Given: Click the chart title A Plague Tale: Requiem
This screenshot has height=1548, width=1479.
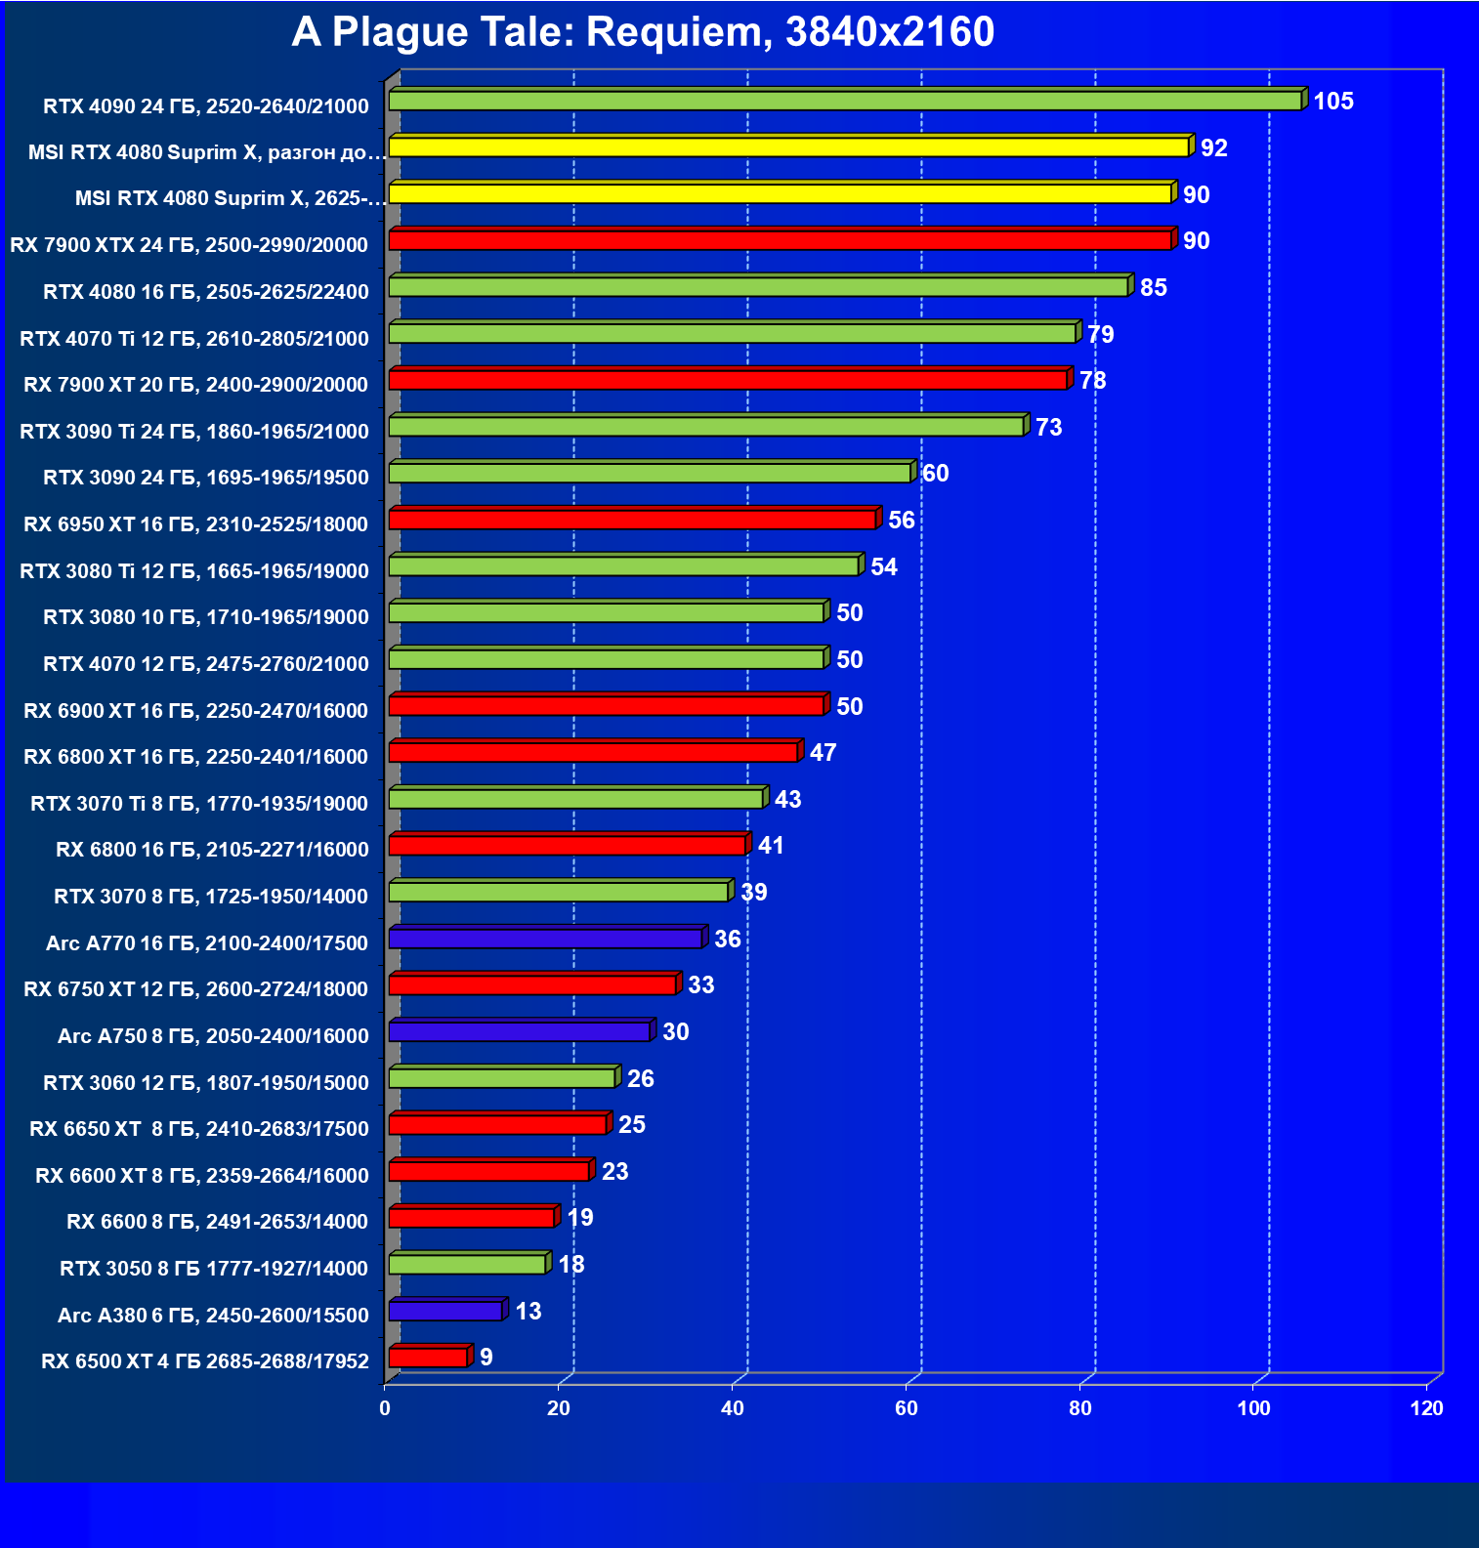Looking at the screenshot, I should click(x=643, y=32).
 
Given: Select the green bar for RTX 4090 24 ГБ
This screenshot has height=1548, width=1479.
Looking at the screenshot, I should click(x=845, y=101).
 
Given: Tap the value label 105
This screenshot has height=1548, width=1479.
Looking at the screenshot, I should click(x=1332, y=102).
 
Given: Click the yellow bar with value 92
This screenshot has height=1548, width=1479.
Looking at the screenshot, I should click(x=788, y=147).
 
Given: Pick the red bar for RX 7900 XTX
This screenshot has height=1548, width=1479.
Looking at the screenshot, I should click(x=780, y=240).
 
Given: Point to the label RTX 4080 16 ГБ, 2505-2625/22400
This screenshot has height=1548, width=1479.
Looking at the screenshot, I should click(x=206, y=292).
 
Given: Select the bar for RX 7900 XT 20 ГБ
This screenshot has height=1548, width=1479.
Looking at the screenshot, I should click(x=728, y=380).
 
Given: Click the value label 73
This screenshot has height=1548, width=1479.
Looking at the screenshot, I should click(x=1048, y=428).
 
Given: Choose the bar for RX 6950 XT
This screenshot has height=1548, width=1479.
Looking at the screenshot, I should click(x=632, y=520).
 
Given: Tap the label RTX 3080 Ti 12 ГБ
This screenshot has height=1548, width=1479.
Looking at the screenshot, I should click(x=194, y=571).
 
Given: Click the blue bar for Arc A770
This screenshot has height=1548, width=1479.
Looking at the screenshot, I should click(x=545, y=939).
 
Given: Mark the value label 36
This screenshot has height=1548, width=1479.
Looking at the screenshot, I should click(x=727, y=940).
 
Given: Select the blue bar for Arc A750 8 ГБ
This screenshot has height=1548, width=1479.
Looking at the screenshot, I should click(x=520, y=1031).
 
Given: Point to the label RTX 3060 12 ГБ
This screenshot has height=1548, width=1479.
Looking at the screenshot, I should click(x=206, y=1083).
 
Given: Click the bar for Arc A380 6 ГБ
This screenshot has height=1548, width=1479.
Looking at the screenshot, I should click(x=445, y=1311).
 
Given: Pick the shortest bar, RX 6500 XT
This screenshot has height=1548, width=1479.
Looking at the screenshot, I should click(x=428, y=1358).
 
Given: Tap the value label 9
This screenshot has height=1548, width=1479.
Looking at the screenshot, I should click(x=486, y=1358).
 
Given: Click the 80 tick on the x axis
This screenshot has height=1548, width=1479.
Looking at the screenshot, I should click(x=1079, y=1408).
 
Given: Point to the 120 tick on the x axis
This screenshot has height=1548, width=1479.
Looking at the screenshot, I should click(x=1426, y=1408).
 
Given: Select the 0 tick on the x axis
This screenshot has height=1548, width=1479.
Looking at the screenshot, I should click(x=385, y=1408).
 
